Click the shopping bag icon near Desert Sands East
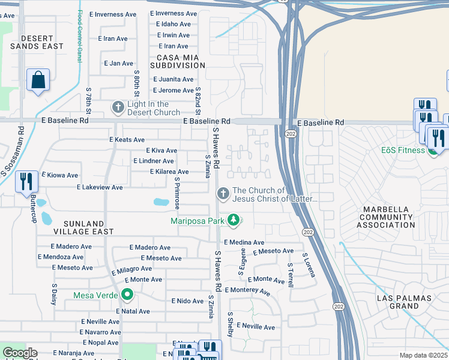pos(38,80)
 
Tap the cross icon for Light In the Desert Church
pos(118,107)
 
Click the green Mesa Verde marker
pos(127,295)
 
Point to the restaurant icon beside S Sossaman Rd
pos(26,181)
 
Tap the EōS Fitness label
pos(403,150)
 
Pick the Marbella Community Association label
pos(385,217)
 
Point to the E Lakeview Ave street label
pos(100,188)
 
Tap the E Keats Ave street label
pos(127,139)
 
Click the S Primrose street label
pos(177,193)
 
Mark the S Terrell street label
pos(291,274)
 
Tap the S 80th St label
pos(137,86)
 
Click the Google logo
pos(20,353)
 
